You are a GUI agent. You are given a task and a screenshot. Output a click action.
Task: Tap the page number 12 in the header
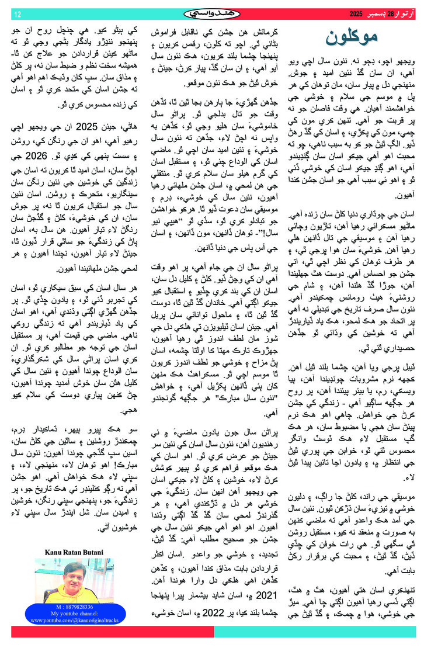point(17,13)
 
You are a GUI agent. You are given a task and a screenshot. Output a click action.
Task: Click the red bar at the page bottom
point(111,632)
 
